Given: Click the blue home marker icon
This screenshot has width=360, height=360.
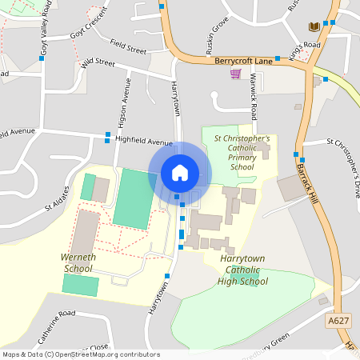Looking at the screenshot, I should click(180, 172).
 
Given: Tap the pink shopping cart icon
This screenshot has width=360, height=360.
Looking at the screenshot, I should click(235, 74).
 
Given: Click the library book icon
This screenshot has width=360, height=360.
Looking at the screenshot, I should click(314, 27).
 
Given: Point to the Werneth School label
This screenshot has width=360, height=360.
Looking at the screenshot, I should click(78, 262).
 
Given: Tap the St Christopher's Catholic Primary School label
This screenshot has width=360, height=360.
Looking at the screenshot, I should click(242, 153).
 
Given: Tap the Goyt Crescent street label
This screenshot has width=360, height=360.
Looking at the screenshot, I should click(87, 31).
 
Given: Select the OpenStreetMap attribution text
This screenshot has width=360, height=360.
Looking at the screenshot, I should click(80, 354).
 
